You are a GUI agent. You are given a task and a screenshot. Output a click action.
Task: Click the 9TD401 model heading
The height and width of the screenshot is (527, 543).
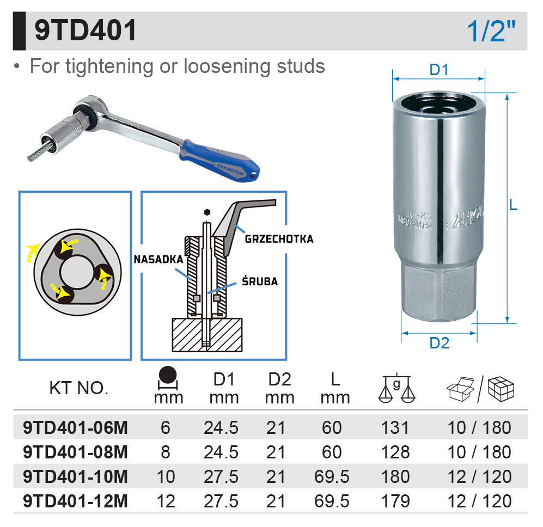point(85,30)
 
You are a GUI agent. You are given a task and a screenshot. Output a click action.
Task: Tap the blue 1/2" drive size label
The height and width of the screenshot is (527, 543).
point(491,31)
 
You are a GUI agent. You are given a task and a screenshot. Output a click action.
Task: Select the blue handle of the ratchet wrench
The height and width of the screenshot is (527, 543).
point(219,161)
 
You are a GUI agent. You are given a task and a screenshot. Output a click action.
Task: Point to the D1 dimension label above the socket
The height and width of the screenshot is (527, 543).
point(439,70)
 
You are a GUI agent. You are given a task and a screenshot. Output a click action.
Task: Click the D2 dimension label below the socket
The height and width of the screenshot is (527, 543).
point(439,343)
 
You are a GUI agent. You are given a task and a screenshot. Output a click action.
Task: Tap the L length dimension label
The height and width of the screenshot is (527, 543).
point(513,205)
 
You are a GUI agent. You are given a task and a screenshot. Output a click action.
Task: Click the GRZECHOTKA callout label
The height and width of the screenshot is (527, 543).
point(279,239)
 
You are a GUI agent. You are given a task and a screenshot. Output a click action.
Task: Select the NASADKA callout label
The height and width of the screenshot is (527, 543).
point(158,259)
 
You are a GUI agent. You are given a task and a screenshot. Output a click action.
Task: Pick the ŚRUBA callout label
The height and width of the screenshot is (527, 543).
point(260,281)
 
